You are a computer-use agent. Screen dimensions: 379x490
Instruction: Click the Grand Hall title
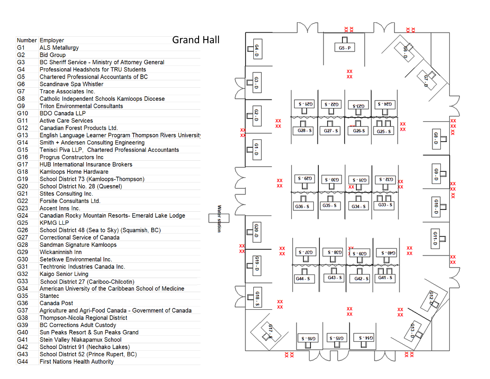[x=196, y=40]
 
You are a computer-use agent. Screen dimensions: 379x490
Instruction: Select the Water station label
[x=219, y=219]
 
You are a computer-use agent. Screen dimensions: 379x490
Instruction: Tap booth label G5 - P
[x=344, y=48]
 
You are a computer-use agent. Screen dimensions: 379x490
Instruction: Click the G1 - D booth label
[x=256, y=150]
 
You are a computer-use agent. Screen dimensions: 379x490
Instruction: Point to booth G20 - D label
[x=256, y=230]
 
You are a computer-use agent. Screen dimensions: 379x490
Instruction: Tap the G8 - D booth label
[x=436, y=138]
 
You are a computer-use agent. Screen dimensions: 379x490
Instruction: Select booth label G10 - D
[x=436, y=206]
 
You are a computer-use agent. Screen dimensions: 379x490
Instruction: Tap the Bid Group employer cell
[x=52, y=55]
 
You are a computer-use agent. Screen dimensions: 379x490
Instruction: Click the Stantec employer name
[x=49, y=296]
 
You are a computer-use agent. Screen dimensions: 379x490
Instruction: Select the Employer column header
[x=52, y=40]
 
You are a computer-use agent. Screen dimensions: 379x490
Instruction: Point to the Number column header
[x=26, y=40]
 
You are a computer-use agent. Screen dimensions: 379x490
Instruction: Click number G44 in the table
[x=23, y=362]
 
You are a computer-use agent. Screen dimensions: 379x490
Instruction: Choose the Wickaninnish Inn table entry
[x=60, y=252]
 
